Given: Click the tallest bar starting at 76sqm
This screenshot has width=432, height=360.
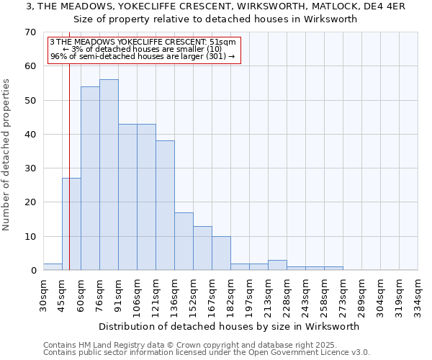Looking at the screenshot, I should (x=109, y=175).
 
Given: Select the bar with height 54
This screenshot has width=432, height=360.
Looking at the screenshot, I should (x=90, y=179).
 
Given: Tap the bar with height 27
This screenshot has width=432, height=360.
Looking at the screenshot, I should (x=71, y=224).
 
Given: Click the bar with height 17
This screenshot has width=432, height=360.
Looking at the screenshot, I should (x=184, y=241).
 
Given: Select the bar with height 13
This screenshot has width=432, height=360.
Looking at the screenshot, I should (x=202, y=248).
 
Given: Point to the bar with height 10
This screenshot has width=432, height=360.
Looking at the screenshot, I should (x=221, y=253).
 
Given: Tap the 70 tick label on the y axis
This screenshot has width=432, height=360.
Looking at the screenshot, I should (x=30, y=32).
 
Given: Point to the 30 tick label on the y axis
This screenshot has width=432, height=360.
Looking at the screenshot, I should (x=30, y=168).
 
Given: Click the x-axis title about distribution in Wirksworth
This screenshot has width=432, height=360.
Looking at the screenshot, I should (x=229, y=326).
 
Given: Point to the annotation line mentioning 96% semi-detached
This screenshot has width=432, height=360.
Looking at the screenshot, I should (x=143, y=55).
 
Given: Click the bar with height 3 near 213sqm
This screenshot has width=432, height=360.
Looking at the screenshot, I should (x=277, y=265).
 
